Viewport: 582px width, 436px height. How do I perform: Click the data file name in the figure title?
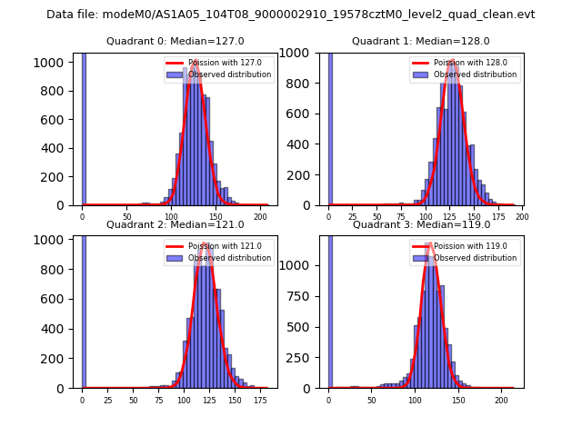290,15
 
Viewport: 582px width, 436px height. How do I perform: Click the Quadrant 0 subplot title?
175,41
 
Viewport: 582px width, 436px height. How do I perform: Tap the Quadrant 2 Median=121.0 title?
175,224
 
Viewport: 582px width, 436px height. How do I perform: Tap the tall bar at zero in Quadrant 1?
329,128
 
